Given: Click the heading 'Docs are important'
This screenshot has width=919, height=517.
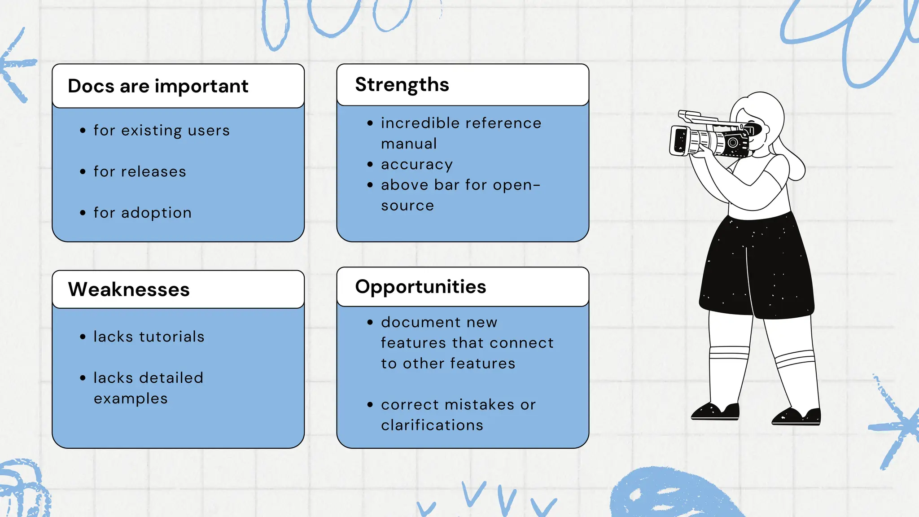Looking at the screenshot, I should pos(158,86).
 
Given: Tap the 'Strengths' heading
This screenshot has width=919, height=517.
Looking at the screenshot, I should pos(402,85).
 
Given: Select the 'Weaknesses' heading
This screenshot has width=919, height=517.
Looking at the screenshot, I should pos(129,289).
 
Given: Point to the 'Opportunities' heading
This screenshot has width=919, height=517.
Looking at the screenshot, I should pos(420,287).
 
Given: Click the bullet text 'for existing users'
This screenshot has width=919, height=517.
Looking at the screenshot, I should pos(162,131).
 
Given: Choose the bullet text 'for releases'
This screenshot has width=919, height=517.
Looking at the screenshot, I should pos(140,172).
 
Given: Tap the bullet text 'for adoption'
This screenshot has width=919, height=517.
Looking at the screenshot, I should pos(142,213).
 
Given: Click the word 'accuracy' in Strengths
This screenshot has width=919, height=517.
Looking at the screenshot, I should pos(417,165).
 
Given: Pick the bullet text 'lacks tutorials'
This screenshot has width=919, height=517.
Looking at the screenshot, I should pos(149,337).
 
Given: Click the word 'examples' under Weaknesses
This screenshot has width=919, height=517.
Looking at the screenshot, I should pos(131,399).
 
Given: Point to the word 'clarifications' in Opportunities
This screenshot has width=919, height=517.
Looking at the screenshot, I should pos(432,425).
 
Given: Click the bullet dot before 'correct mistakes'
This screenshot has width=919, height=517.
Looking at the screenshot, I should pos(370,405).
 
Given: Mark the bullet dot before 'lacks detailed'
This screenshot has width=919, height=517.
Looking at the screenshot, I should pos(83,378).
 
